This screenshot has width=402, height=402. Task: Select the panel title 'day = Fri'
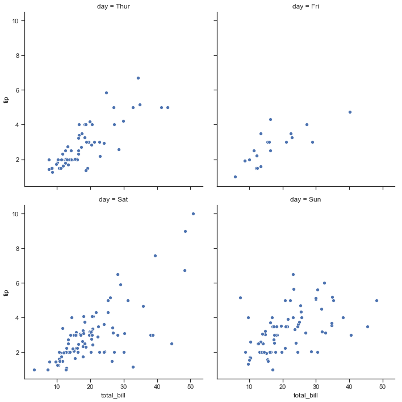pyautogui.click(x=305, y=7)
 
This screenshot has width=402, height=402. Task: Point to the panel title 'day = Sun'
pyautogui.click(x=305, y=200)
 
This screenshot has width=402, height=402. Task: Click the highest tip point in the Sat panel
pyautogui.click(x=193, y=213)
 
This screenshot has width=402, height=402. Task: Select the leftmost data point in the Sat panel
pyautogui.click(x=34, y=370)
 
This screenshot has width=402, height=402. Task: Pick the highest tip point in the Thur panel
pyautogui.click(x=138, y=78)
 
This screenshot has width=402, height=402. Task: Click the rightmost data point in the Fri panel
pyautogui.click(x=350, y=112)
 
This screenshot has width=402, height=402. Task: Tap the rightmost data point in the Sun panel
pyautogui.click(x=376, y=300)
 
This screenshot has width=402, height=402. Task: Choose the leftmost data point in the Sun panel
pyautogui.click(x=240, y=298)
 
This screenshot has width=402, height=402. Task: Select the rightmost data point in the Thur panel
pyautogui.click(x=167, y=107)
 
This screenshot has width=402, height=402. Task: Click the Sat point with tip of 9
pyautogui.click(x=185, y=231)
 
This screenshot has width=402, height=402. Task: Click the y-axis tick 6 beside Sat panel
pyautogui.click(x=18, y=283)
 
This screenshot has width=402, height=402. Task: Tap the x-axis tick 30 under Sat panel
pyautogui.click(x=124, y=387)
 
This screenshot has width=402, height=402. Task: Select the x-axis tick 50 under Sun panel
pyautogui.click(x=383, y=387)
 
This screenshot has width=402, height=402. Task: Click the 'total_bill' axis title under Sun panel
pyautogui.click(x=305, y=396)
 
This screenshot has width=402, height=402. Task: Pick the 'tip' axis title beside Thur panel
pyautogui.click(x=6, y=99)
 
